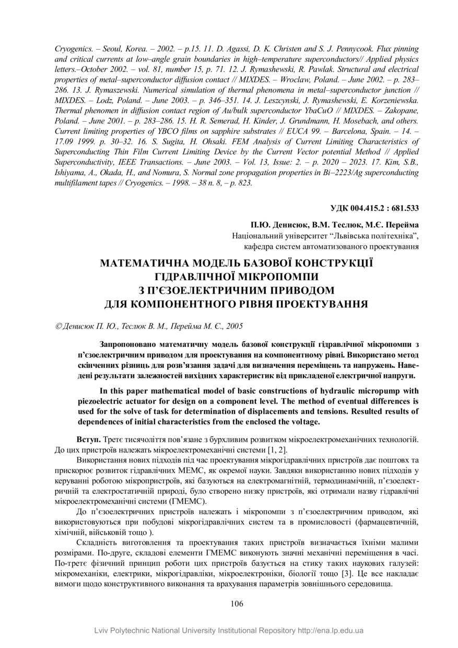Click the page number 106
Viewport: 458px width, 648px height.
tap(237, 604)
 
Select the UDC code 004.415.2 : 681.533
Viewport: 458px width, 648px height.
tap(374, 208)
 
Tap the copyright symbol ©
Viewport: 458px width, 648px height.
tap(58, 327)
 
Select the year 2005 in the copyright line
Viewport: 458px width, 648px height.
tap(234, 327)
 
